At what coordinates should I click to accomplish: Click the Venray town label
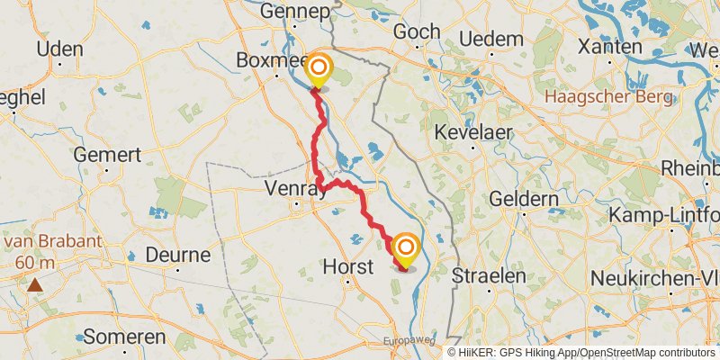tap(296, 189)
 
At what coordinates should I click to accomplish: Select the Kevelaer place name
tap(473, 132)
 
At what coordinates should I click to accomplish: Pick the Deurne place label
tap(177, 255)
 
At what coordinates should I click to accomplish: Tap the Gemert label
tap(107, 155)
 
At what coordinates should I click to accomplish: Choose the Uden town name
tap(60, 49)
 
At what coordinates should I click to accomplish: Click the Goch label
tap(418, 31)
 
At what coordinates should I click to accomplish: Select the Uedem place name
tap(491, 39)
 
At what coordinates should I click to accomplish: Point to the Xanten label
tap(610, 45)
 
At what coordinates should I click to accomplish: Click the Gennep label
tap(292, 11)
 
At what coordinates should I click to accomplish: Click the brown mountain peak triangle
tap(34, 285)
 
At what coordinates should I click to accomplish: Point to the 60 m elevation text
tap(35, 263)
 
